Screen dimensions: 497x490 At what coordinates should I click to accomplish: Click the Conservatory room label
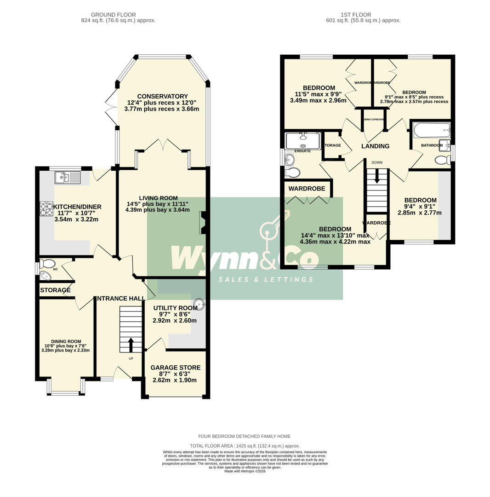162,96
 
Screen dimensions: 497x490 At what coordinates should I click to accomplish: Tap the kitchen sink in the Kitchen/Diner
68,177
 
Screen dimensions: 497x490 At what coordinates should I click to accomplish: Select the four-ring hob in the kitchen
46,209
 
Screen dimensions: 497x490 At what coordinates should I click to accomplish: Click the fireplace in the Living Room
202,222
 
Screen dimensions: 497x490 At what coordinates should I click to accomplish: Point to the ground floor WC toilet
47,264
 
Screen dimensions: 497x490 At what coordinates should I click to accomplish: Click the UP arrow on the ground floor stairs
131,345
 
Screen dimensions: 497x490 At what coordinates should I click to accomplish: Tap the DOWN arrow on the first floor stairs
377,176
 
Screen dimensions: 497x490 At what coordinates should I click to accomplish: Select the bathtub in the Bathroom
432,130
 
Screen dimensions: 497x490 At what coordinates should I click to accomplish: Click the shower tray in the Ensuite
303,140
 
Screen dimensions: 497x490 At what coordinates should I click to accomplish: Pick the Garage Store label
175,368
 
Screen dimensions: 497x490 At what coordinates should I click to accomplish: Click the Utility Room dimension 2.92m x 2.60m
175,321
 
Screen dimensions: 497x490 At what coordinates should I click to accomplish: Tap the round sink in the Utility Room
199,304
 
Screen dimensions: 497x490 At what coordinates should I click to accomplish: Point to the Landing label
375,146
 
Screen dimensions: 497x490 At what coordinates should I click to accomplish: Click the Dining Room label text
66,341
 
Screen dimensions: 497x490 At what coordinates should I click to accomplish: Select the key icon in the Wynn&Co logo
274,226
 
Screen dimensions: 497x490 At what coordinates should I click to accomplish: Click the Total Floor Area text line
245,446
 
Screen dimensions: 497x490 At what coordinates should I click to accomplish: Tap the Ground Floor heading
114,15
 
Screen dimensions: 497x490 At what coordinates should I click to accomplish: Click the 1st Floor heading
356,15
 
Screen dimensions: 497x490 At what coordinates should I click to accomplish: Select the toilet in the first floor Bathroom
442,160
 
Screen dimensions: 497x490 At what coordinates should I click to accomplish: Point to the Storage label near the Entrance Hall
55,290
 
